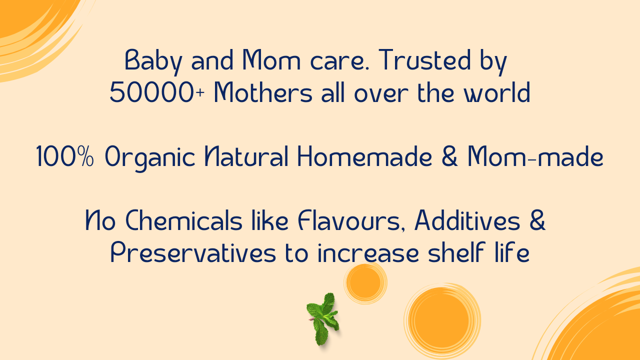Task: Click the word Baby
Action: coord(153,61)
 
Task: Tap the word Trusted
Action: coord(425,59)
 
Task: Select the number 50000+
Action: coord(157,92)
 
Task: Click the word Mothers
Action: coord(263,92)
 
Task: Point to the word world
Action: coord(497,92)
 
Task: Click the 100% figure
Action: coord(65,156)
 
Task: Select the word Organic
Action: coord(150,158)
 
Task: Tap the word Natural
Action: coord(246,156)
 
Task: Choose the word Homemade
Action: coord(365,156)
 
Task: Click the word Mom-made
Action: coord(535,156)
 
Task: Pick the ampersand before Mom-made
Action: coord(449,156)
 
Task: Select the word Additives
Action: coord(467,219)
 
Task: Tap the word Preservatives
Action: coord(193,252)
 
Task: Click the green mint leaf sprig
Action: coord(323,319)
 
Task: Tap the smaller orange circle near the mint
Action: coord(365,283)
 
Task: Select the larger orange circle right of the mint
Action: coord(442,320)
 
